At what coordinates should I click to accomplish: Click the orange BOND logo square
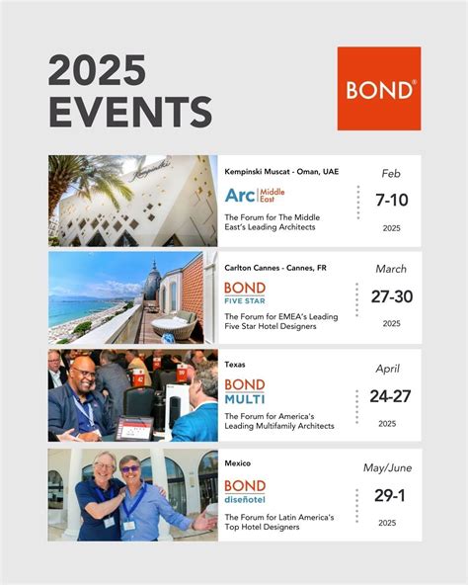[379, 89]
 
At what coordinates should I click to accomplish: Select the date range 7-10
[391, 201]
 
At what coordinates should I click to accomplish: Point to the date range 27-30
[391, 296]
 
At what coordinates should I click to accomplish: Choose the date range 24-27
[391, 397]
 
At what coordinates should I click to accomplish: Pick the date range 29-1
[391, 495]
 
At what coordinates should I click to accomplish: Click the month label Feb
[391, 174]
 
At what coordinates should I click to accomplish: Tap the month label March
[391, 269]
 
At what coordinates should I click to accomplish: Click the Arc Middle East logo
[254, 195]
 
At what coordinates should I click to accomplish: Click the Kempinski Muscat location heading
[281, 172]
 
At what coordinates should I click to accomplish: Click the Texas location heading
[235, 365]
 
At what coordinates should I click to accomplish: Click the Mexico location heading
[237, 462]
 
